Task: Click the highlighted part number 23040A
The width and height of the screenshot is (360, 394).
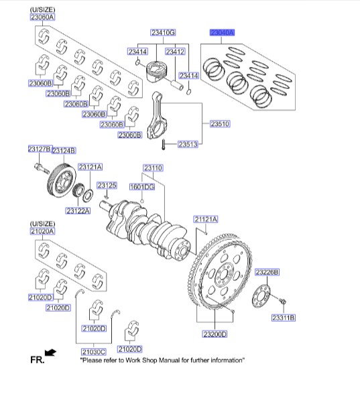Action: tap(222, 33)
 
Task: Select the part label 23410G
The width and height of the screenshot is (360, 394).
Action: tap(163, 32)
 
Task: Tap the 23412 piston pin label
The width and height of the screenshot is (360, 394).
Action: tap(175, 52)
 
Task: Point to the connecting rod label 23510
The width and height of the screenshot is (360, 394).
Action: tap(220, 123)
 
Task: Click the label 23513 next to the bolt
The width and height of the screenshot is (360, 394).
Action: tap(188, 144)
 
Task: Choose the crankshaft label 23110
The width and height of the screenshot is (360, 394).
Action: tap(153, 168)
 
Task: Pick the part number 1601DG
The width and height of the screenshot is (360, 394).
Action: tap(142, 187)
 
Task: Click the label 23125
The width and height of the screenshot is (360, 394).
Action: tap(107, 186)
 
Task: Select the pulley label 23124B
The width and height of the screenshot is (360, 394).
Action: tap(64, 151)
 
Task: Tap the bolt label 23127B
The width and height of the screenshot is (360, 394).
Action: tap(40, 149)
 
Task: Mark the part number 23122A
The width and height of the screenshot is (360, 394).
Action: tap(78, 210)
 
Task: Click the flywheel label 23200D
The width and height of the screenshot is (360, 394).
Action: tap(215, 334)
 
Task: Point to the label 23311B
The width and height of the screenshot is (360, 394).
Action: tap(284, 318)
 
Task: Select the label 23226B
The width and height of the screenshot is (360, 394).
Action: tap(267, 272)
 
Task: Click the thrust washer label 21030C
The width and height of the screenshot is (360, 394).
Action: tap(94, 352)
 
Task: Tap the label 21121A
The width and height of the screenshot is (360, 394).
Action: tap(206, 219)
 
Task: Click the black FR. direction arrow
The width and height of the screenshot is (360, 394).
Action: tap(50, 352)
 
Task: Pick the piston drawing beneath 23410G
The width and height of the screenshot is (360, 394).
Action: tap(156, 72)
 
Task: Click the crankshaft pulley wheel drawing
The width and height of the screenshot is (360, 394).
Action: tap(61, 180)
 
